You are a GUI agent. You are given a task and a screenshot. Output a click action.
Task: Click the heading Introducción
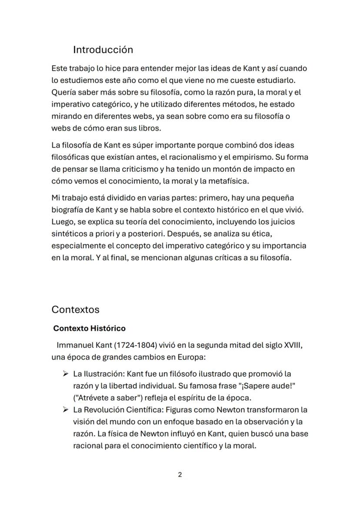click(103, 50)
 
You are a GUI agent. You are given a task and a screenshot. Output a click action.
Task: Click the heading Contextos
click(75, 309)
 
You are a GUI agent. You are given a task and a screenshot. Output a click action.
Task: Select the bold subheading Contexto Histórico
click(89, 328)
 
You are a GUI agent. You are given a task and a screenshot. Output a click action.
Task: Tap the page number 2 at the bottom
click(180, 475)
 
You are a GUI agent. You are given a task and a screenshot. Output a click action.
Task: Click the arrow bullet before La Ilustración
click(66, 374)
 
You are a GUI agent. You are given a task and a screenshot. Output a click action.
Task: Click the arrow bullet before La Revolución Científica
click(66, 410)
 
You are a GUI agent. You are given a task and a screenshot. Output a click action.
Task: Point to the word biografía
click(67, 210)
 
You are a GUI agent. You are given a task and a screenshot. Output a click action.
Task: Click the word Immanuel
click(75, 346)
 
